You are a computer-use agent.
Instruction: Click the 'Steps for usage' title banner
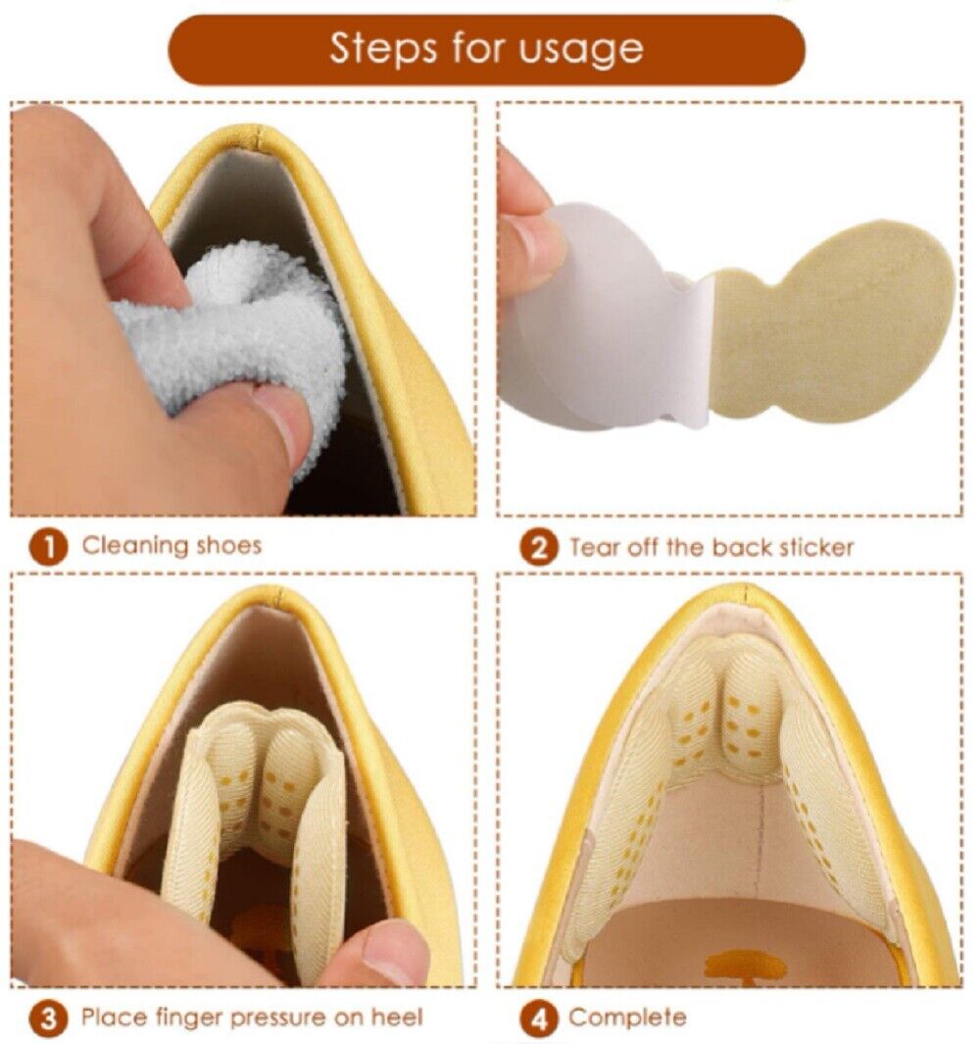click(x=487, y=50)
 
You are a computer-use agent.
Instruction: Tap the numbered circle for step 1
click(x=48, y=547)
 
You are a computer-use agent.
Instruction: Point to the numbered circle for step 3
click(x=48, y=1019)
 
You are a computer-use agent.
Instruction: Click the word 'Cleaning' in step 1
click(x=135, y=546)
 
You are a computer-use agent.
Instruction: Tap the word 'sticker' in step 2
click(x=816, y=548)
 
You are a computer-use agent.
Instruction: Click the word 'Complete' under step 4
click(x=627, y=1019)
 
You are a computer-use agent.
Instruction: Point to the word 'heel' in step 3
click(x=397, y=1017)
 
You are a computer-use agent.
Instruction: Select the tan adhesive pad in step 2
click(x=834, y=321)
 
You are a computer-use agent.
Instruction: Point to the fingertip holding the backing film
click(x=531, y=256)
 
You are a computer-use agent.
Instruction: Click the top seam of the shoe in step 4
click(x=745, y=592)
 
